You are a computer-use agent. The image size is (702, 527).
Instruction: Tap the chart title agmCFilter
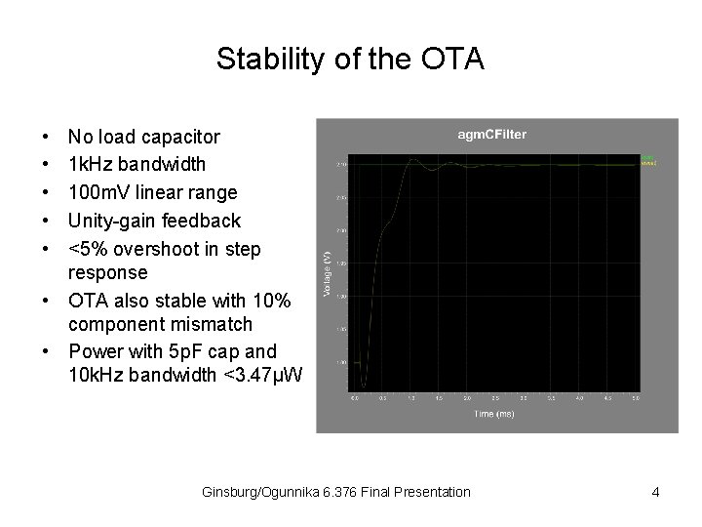point(492,135)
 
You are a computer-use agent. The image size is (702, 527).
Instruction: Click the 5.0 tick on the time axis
point(636,398)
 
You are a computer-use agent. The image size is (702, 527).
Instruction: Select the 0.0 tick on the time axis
point(355,398)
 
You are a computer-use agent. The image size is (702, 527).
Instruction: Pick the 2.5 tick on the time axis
point(495,398)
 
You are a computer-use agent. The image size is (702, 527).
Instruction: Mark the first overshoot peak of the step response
point(414,159)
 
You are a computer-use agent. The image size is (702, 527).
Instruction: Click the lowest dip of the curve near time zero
point(364,385)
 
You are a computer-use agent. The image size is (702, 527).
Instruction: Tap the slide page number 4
point(655,492)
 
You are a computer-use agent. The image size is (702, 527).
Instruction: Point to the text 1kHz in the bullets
point(91,164)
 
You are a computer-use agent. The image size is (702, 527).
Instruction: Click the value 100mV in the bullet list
point(100,192)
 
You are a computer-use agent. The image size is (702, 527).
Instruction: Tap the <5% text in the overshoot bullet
point(88,249)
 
